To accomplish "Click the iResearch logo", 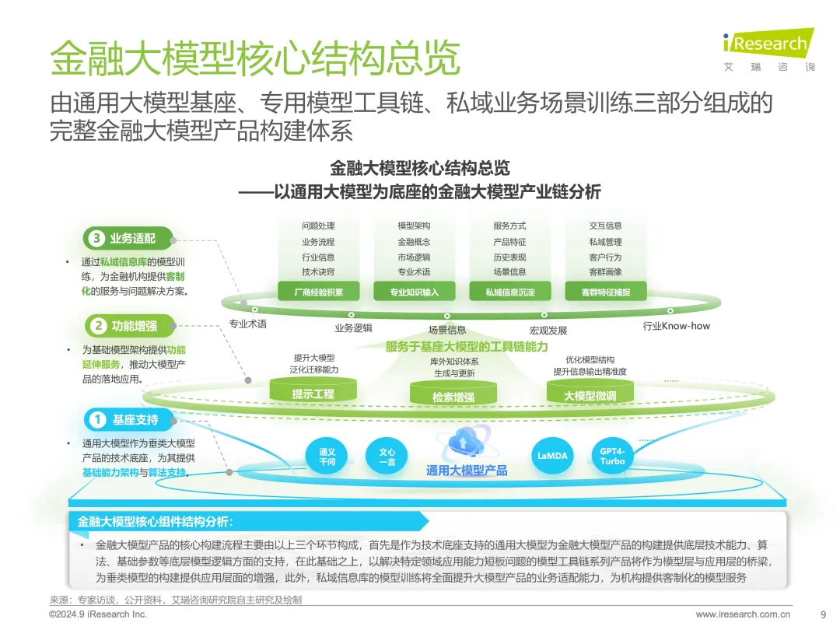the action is [768, 49].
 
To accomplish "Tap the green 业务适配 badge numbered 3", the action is [128, 239].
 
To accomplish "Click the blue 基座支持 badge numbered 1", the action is [129, 419].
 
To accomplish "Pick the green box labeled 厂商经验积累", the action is [319, 292].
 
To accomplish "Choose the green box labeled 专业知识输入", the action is [414, 292].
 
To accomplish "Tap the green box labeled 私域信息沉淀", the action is [510, 292].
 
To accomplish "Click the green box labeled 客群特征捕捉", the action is [606, 292].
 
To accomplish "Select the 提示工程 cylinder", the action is [313, 390].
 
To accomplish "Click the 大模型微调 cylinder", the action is [590, 392].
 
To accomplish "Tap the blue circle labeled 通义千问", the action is [327, 457].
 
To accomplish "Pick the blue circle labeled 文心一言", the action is [387, 457].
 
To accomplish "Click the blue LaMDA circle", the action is [552, 456].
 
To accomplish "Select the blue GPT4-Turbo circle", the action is [612, 456].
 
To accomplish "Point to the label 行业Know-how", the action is [676, 326].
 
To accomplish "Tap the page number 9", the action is [824, 614].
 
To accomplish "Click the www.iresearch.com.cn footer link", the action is [743, 614].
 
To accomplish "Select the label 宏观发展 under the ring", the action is [548, 331].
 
